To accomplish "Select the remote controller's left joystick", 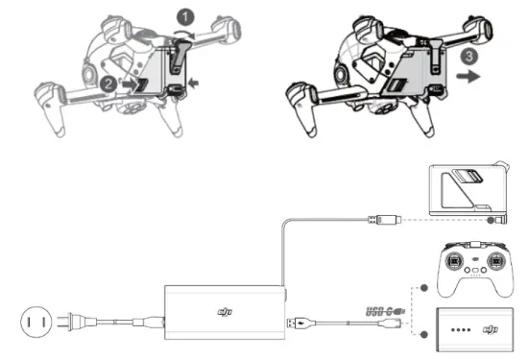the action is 450,261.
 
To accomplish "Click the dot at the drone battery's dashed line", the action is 492,220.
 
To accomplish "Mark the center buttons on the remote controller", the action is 474,272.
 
